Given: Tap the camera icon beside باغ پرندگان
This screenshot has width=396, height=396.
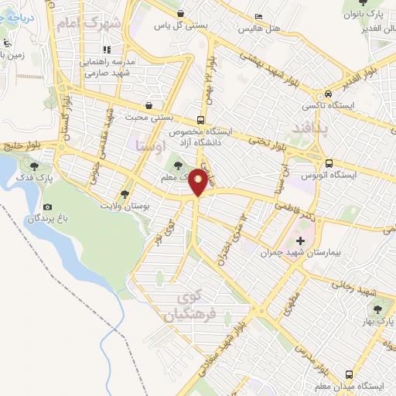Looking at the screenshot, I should coord(48,207).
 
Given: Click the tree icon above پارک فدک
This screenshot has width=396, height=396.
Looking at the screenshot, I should coord(33,165).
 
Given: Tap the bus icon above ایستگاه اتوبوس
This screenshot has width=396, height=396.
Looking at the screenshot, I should coord(329,163).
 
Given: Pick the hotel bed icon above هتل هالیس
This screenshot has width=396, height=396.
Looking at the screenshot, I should coord(258,15).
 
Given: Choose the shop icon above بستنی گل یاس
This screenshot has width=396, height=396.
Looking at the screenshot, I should coord(180,13).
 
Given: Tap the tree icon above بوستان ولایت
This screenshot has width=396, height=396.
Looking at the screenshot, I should coord(125,195).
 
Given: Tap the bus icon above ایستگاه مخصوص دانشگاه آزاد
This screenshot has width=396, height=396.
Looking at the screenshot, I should coord(200,120).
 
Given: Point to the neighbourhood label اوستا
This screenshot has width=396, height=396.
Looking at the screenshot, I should coord(146,144).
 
